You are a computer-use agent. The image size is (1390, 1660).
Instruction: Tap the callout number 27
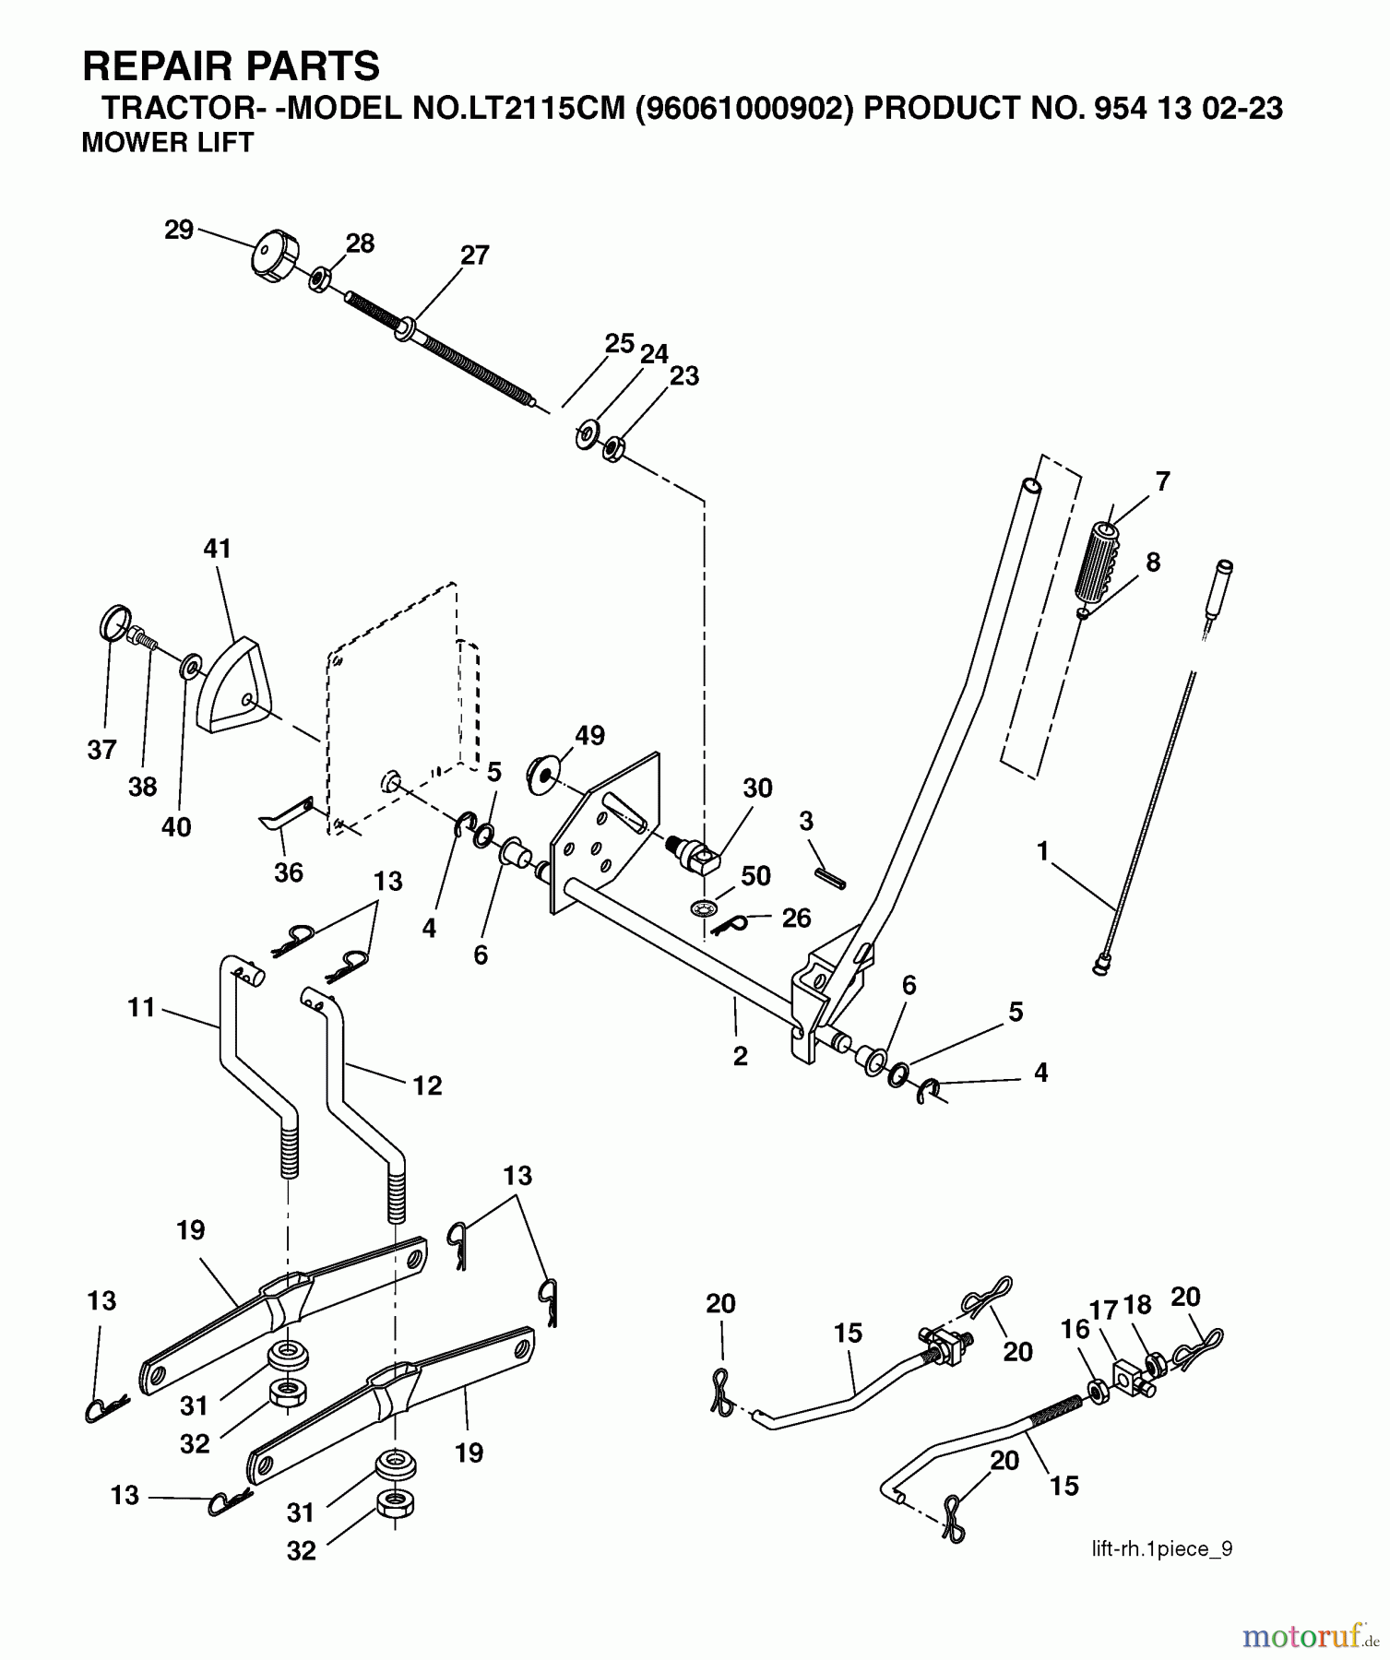tap(474, 255)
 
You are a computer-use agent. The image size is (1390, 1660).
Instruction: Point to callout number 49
tap(589, 736)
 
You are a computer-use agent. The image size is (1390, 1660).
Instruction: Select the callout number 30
tap(757, 788)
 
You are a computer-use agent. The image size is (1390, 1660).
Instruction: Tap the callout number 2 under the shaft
tap(740, 1057)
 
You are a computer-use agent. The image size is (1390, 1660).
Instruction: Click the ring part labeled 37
tap(112, 623)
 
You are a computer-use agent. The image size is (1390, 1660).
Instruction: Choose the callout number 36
tap(288, 872)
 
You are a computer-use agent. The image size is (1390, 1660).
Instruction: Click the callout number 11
tap(141, 1008)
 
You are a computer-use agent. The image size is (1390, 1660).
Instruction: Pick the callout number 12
tap(427, 1085)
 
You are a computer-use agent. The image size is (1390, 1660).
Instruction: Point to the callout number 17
tap(1103, 1309)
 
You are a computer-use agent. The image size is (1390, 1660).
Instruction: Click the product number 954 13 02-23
tap(1187, 109)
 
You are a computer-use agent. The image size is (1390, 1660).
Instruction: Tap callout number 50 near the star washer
tap(755, 875)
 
